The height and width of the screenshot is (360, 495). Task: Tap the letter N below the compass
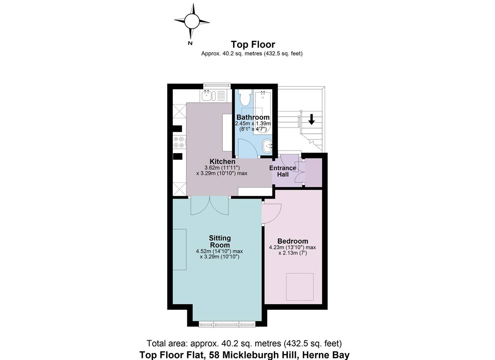tap(190, 43)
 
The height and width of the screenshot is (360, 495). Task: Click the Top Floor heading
tap(253, 45)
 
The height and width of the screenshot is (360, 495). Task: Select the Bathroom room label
tap(253, 117)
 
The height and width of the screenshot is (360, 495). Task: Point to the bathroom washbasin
tap(267, 146)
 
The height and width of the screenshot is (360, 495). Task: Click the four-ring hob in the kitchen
tap(179, 142)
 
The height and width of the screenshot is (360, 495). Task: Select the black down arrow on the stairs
tap(311, 119)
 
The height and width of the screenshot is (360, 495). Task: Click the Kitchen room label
tap(222, 161)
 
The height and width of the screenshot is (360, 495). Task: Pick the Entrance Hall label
tap(283, 171)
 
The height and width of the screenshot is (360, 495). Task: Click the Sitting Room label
tap(220, 242)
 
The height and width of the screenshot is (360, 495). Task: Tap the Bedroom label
tap(292, 241)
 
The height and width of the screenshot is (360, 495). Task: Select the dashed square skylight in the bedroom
tap(300, 287)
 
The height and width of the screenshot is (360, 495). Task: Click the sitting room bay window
tap(227, 324)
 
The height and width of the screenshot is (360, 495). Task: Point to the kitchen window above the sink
tap(217, 85)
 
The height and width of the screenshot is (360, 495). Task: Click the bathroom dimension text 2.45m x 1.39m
tap(253, 123)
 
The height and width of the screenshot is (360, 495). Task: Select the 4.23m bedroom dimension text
tap(292, 247)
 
